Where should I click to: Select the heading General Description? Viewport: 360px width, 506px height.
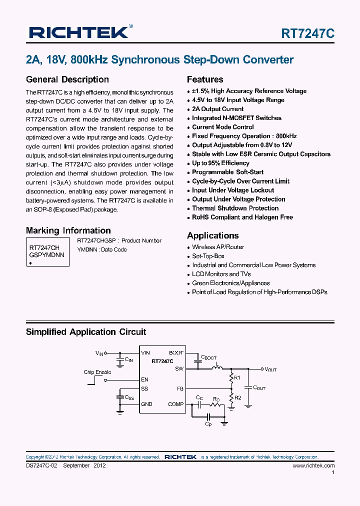[x=67, y=79]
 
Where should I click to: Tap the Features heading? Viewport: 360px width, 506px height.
[x=205, y=79]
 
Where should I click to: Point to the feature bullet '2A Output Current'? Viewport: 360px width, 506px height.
[x=217, y=109]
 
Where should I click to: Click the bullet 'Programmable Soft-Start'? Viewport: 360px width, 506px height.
[x=227, y=172]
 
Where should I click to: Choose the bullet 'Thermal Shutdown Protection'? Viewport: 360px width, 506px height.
[x=235, y=208]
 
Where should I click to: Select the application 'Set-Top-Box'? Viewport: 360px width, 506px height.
[x=208, y=256]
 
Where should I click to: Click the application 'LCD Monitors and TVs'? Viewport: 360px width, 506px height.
[x=221, y=274]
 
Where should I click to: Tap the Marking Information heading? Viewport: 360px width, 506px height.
[x=68, y=230]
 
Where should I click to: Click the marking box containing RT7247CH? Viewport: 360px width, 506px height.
[x=47, y=251]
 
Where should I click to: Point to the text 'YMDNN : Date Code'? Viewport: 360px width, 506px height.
[x=102, y=249]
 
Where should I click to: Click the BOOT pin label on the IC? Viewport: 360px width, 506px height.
[x=176, y=352]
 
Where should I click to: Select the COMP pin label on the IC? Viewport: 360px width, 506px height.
[x=175, y=404]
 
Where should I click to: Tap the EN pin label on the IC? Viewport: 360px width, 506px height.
[x=144, y=379]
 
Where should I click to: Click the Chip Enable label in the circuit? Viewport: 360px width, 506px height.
[x=97, y=372]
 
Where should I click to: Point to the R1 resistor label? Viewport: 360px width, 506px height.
[x=237, y=377]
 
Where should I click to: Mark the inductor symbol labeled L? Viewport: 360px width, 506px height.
[x=216, y=368]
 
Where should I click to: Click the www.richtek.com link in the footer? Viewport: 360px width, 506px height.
[x=313, y=465]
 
